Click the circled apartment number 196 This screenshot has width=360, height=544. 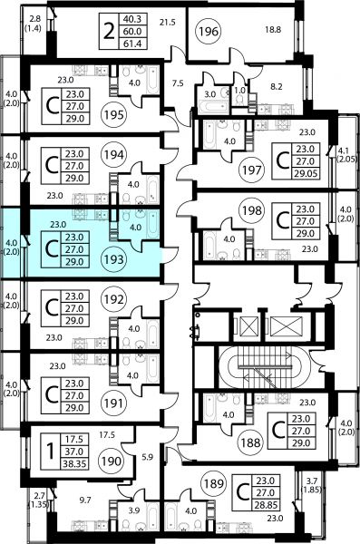click(209, 32)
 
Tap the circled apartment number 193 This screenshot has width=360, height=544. click(114, 259)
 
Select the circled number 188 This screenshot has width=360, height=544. click(251, 442)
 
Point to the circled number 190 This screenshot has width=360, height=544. click(112, 461)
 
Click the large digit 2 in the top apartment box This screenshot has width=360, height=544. click(109, 32)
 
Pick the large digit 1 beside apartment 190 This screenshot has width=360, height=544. click(51, 452)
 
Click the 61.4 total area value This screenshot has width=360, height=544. click(132, 44)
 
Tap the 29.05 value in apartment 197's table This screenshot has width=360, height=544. click(306, 173)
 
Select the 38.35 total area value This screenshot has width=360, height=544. click(74, 463)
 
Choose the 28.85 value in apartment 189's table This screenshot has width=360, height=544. click(266, 505)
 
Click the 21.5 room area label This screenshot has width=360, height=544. click(168, 23)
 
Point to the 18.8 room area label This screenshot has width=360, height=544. click(273, 30)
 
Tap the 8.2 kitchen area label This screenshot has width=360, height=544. click(277, 86)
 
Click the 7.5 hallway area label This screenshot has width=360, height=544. click(178, 83)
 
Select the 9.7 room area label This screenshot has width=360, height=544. click(85, 500)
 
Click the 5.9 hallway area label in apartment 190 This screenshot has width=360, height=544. click(148, 457)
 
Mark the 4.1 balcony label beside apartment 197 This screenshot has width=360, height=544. click(343, 151)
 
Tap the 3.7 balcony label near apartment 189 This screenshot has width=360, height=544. click(312, 481)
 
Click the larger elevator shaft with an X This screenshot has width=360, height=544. click(286, 326)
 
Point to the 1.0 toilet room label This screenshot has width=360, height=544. click(240, 90)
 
